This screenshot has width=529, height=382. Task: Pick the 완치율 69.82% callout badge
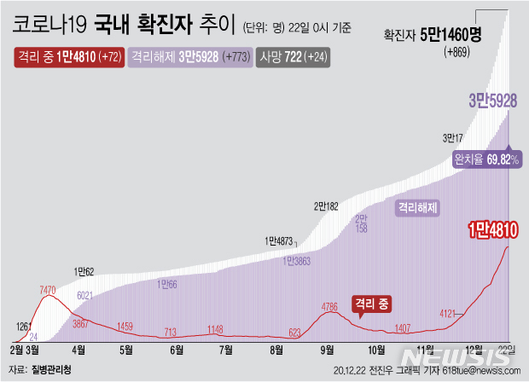pyautogui.click(x=485, y=159)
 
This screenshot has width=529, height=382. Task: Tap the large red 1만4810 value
pyautogui.click(x=494, y=229)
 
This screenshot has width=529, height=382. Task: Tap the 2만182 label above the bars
pyautogui.click(x=327, y=206)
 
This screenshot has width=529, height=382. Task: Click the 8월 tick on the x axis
pyautogui.click(x=276, y=350)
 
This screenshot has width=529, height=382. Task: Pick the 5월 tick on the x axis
pyautogui.click(x=126, y=350)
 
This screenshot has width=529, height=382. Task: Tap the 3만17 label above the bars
pyautogui.click(x=453, y=138)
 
